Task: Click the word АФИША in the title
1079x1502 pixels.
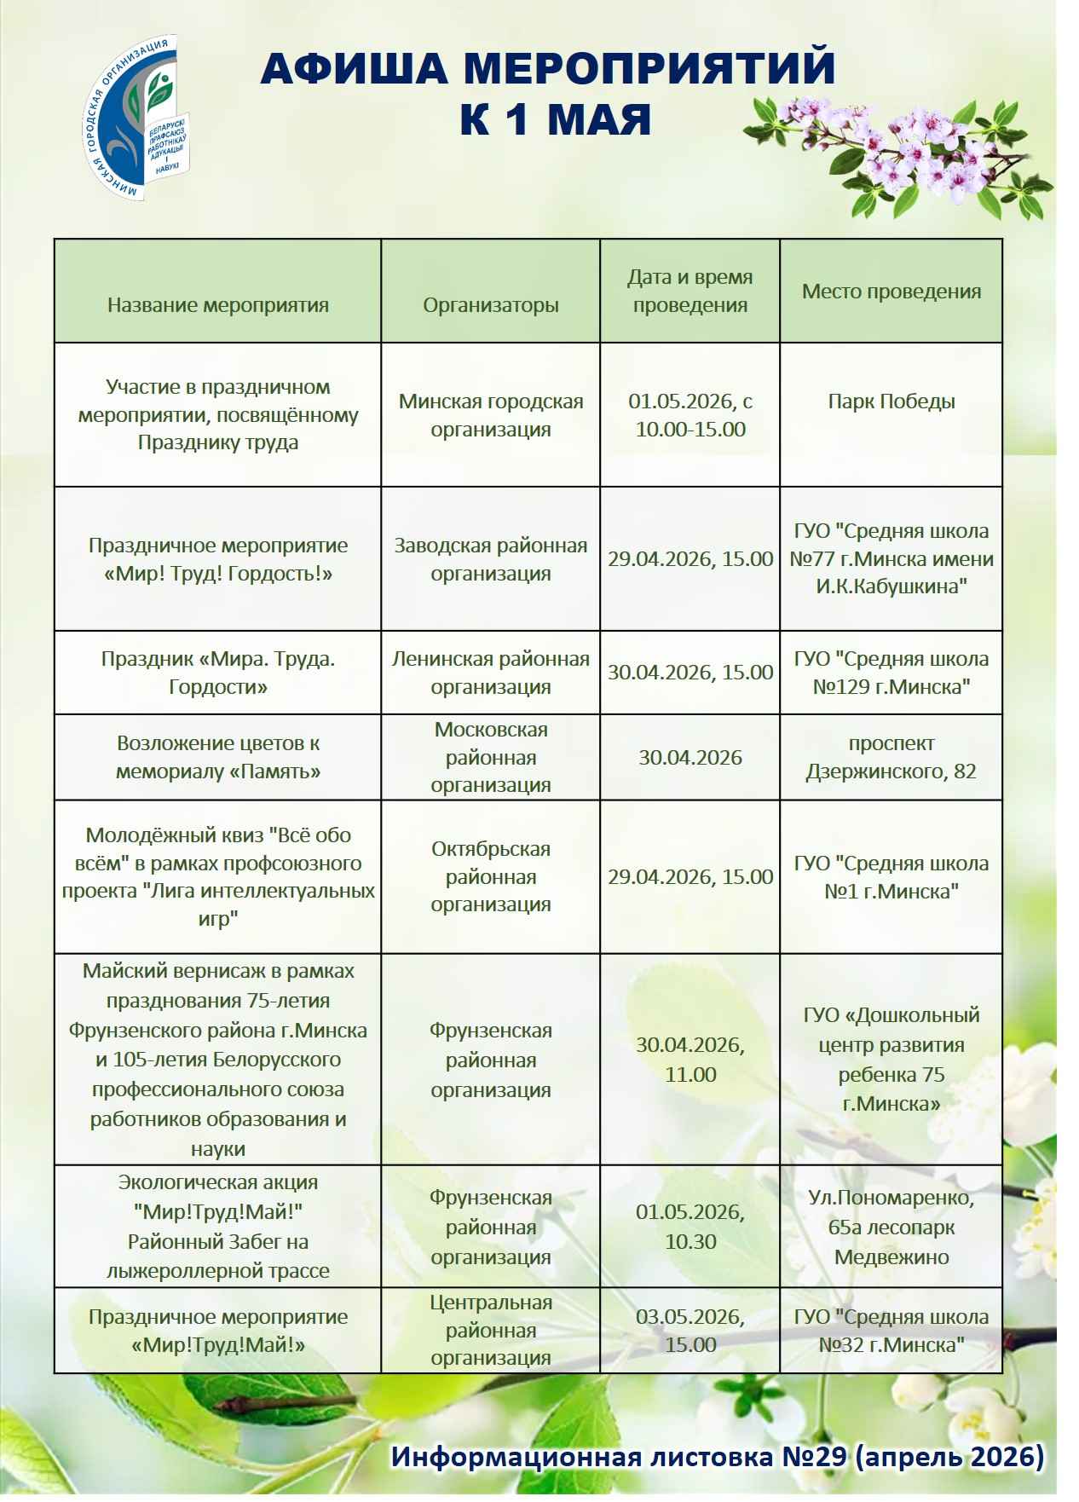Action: point(354,69)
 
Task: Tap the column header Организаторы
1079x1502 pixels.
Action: point(491,305)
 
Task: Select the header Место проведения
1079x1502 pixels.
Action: point(891,292)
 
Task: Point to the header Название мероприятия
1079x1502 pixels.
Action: point(218,305)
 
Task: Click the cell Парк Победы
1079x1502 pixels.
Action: point(891,401)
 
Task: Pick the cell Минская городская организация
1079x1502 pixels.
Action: point(491,415)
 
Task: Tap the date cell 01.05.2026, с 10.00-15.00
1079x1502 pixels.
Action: point(690,415)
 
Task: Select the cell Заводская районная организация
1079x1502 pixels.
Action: point(491,559)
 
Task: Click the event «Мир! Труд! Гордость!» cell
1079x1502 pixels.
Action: point(218,559)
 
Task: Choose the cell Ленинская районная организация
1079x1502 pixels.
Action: point(491,673)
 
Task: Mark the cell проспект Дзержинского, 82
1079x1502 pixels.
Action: point(891,757)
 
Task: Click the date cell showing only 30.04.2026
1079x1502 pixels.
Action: point(690,758)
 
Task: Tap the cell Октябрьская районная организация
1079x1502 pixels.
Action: point(491,876)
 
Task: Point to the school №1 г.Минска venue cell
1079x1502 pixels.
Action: point(891,877)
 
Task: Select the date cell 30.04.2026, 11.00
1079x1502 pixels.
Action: point(690,1060)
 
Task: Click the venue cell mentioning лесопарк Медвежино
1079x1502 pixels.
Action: point(891,1227)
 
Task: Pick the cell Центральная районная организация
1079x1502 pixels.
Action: point(491,1330)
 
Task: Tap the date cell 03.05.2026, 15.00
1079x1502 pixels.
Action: point(690,1331)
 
